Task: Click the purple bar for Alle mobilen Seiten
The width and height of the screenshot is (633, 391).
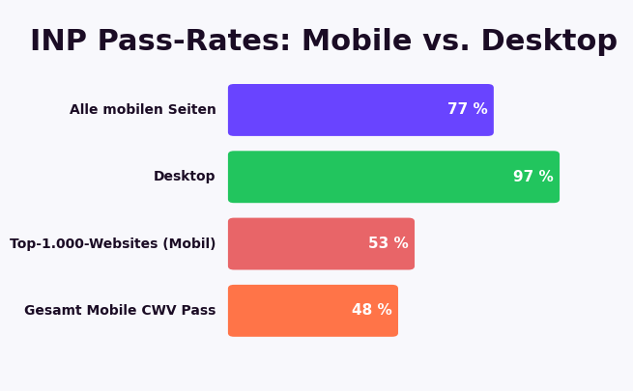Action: tap(338, 110)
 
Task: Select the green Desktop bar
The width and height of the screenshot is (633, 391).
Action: tap(367, 177)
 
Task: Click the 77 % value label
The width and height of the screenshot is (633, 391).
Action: tap(468, 110)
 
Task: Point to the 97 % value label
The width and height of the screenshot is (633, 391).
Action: tap(533, 177)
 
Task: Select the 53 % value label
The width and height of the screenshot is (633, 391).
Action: tap(388, 243)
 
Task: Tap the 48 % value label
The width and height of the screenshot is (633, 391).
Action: tap(372, 311)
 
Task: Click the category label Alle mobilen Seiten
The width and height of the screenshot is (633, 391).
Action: tap(143, 110)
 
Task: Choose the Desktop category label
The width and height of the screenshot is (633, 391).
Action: tap(185, 177)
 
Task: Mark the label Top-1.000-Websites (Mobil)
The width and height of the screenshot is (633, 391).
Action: tap(113, 244)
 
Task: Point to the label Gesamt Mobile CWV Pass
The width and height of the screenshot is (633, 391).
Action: tap(120, 311)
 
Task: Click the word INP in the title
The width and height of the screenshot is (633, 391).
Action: tap(61, 42)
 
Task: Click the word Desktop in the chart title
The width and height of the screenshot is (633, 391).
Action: tap(549, 42)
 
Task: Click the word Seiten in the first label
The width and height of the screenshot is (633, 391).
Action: tap(191, 110)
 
